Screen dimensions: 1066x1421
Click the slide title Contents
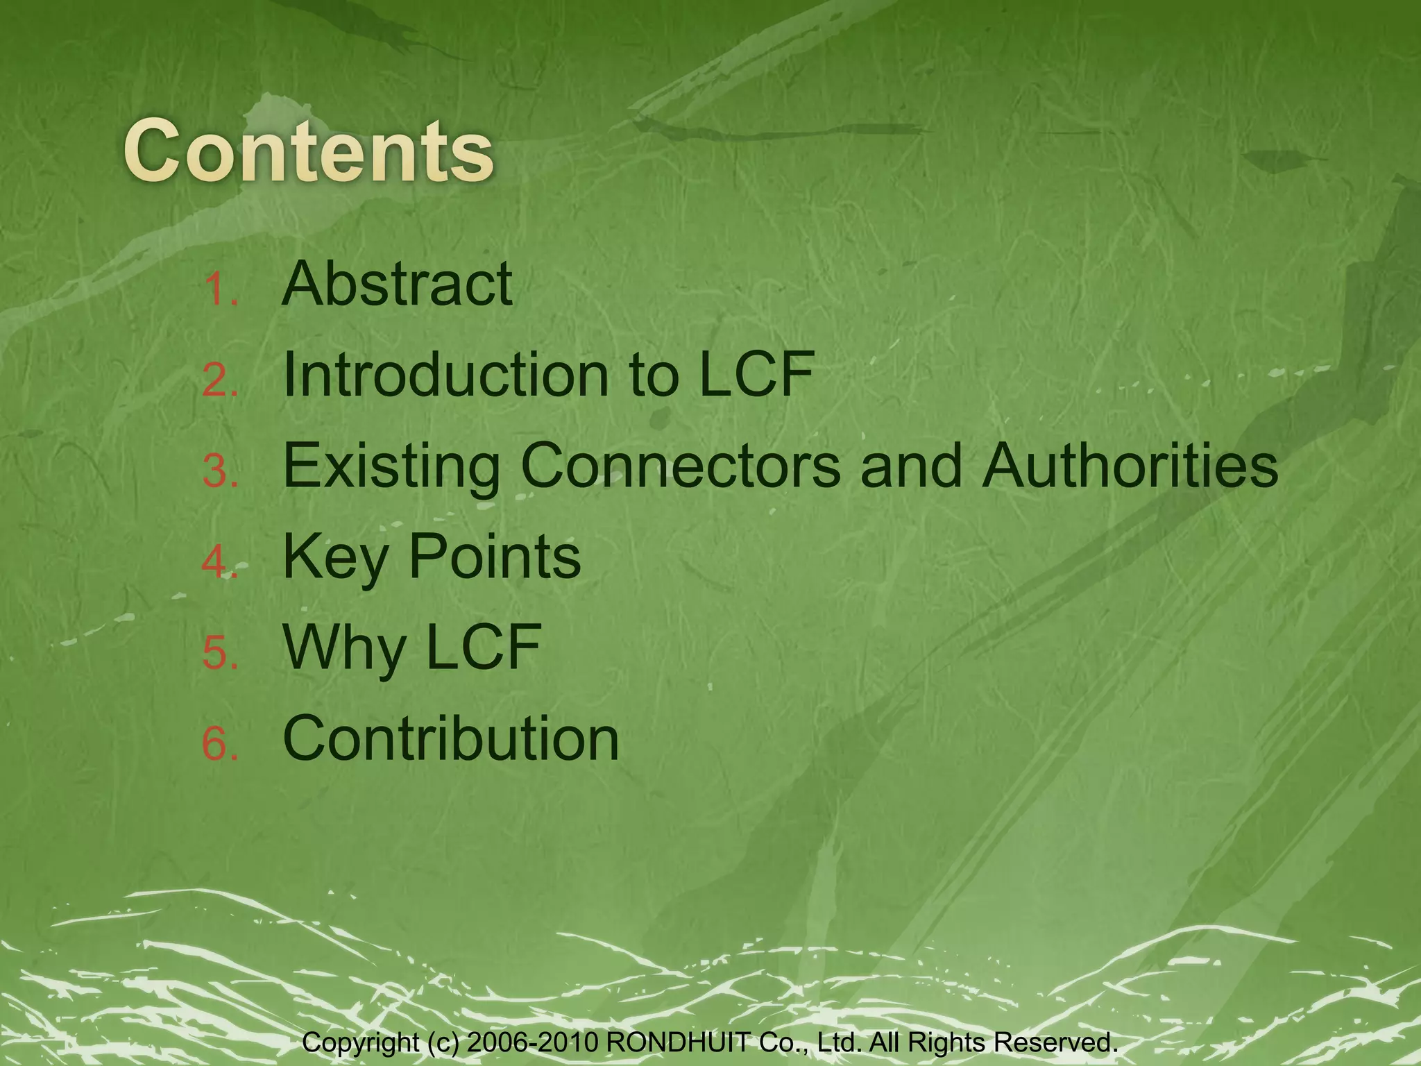[309, 151]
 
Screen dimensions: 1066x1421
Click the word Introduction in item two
[445, 375]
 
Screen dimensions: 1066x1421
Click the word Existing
[391, 466]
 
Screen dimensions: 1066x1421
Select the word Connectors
[681, 466]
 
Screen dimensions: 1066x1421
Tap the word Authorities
[1130, 466]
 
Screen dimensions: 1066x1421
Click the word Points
[495, 557]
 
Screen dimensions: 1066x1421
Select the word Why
[344, 648]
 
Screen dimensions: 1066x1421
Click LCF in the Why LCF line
[483, 648]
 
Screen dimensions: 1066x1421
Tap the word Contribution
[451, 738]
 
